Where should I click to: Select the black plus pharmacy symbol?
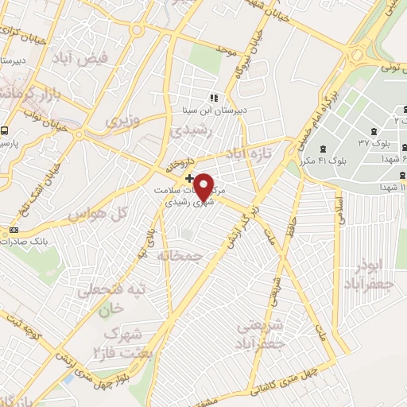[188, 176]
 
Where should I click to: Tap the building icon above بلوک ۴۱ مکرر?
[324, 149]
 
